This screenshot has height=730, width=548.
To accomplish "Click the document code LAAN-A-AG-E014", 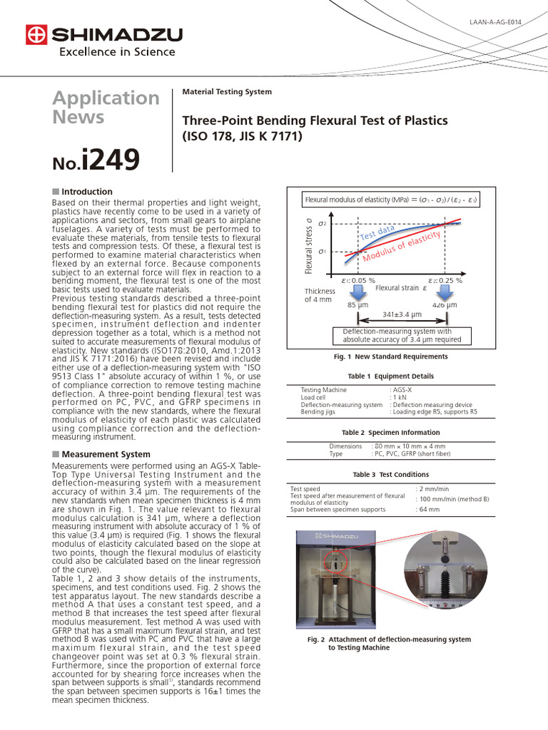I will pos(496,22).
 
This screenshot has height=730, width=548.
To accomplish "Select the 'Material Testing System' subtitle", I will pos(227,92).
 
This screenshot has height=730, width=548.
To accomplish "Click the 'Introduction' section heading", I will pos(86,192).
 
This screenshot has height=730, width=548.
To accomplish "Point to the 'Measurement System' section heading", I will pos(106,454).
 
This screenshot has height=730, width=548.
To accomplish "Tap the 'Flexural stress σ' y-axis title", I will pos(309,246).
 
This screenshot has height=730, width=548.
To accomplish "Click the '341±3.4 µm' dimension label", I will pos(402,314).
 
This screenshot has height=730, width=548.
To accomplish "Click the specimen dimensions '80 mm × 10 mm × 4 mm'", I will pos(409,446).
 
